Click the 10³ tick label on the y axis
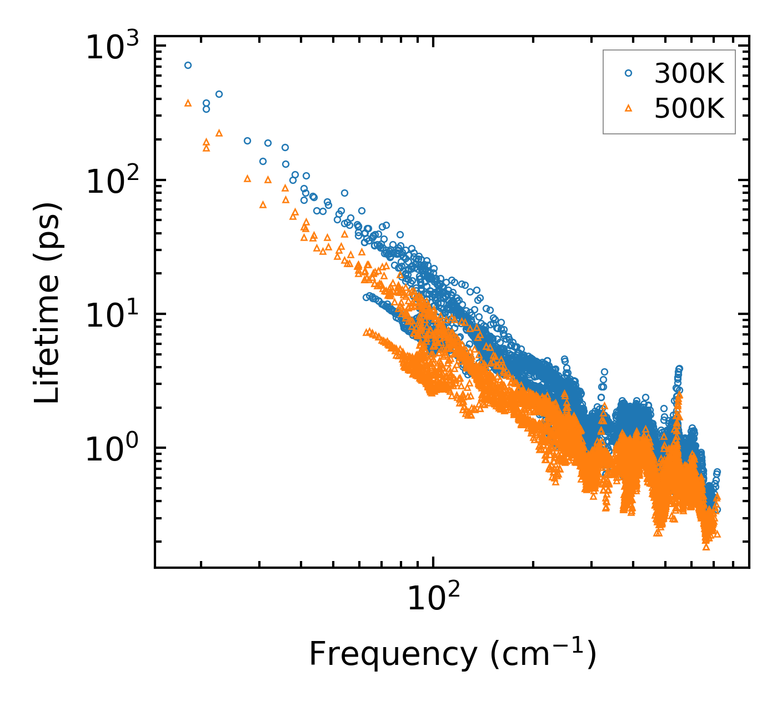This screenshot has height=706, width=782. click(114, 48)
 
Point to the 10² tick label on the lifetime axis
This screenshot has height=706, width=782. click(114, 182)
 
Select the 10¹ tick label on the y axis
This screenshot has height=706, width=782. click(114, 316)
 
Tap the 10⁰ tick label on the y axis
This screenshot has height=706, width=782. click(114, 450)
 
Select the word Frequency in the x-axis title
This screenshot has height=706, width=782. click(393, 654)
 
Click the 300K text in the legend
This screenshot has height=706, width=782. click(689, 74)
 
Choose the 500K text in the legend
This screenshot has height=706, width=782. click(689, 109)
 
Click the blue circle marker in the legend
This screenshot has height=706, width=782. click(628, 73)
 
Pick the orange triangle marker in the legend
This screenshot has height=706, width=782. click(628, 108)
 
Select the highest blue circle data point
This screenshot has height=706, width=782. click(188, 65)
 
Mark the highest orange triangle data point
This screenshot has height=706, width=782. click(188, 103)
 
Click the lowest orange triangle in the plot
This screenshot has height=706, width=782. click(706, 547)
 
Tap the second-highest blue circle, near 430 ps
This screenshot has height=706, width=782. click(219, 94)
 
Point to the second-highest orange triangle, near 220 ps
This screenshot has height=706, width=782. click(219, 133)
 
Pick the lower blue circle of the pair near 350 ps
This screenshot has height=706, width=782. click(206, 109)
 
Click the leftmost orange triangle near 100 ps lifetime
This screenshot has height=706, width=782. click(247, 178)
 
